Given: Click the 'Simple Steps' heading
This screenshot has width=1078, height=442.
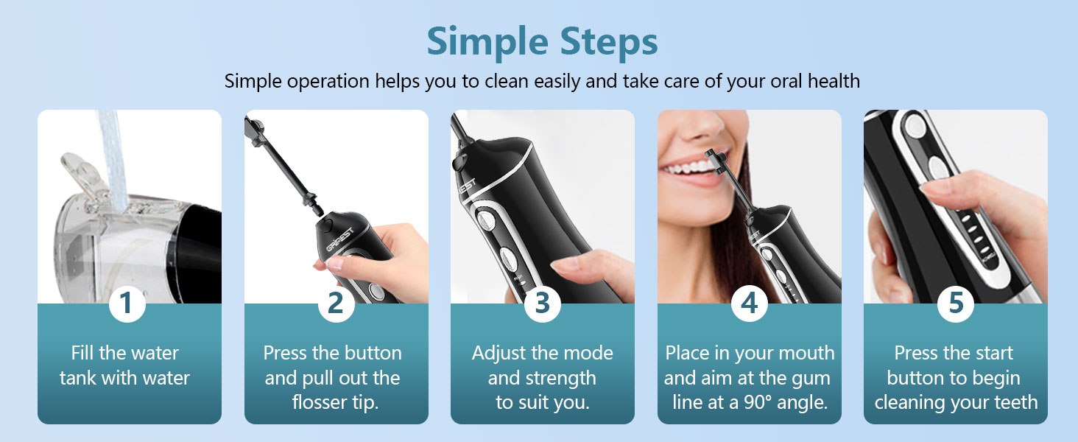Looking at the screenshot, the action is coord(542,43).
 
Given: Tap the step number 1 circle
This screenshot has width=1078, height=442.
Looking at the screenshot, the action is coord(127,304).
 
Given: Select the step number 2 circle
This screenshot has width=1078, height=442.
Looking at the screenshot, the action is coord(336,304).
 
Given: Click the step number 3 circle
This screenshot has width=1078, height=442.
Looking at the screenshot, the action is coord(543,304).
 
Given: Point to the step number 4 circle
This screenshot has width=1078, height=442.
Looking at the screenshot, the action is coord(750,304).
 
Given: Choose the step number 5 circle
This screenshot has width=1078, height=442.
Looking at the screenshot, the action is coord(956,304).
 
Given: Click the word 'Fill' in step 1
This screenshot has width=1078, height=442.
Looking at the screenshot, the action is coord(82,353).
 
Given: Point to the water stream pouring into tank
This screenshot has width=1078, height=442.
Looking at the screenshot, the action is coord(113,159).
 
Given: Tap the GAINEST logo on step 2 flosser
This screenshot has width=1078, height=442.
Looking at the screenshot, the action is coord(340,239).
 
